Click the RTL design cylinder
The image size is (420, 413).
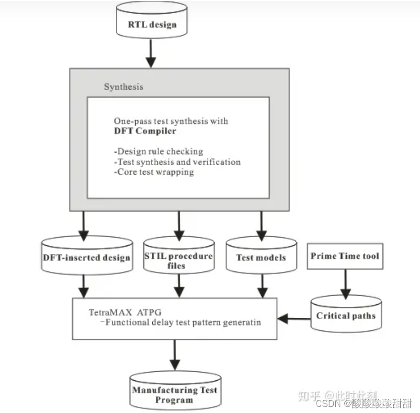coord(152,23)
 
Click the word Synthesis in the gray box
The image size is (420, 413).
coord(124,87)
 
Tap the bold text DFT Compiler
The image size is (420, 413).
coord(145,131)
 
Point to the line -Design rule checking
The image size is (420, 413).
coord(158,151)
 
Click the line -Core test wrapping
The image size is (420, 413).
coord(154,172)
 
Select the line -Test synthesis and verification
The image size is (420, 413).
coord(177,162)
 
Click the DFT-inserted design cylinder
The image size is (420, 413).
coord(85,257)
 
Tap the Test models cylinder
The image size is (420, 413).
coord(261,257)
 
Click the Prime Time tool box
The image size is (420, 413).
coord(345,256)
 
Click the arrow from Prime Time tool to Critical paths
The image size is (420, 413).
coord(345,284)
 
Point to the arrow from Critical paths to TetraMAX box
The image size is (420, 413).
coord(294,318)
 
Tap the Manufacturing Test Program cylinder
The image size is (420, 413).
coord(174,394)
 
